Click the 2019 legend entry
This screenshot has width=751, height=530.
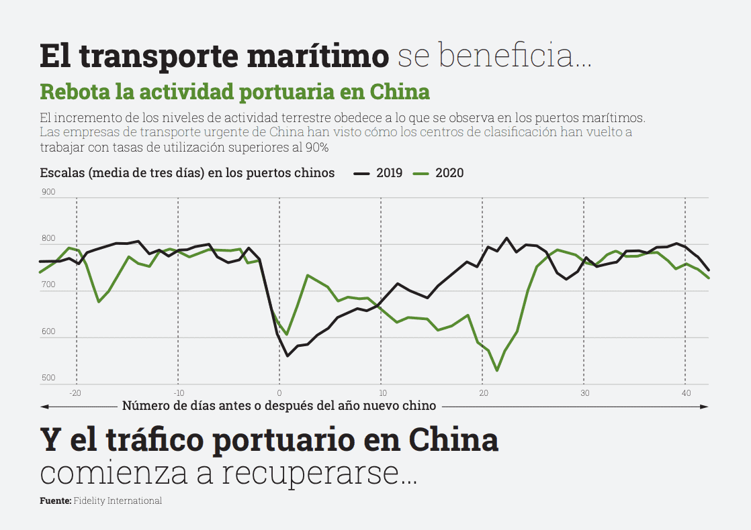coord(389,173)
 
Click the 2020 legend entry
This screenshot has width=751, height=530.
coord(449,173)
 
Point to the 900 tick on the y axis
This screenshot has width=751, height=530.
coord(48,193)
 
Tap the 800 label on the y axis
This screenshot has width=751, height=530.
coord(48,239)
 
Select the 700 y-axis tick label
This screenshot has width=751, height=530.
coord(48,286)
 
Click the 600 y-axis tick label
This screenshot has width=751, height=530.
coord(48,332)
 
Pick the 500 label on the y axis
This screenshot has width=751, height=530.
coord(48,378)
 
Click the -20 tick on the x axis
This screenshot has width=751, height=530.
coord(75,392)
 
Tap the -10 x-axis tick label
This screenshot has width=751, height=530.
coord(178,392)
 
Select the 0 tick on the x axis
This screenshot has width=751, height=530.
coord(279,392)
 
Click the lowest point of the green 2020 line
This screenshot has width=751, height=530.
coord(497,370)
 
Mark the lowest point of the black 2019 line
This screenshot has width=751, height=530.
coord(288,356)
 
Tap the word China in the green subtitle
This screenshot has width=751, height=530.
coord(400,91)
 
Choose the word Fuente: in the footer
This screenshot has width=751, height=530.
coord(55,501)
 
